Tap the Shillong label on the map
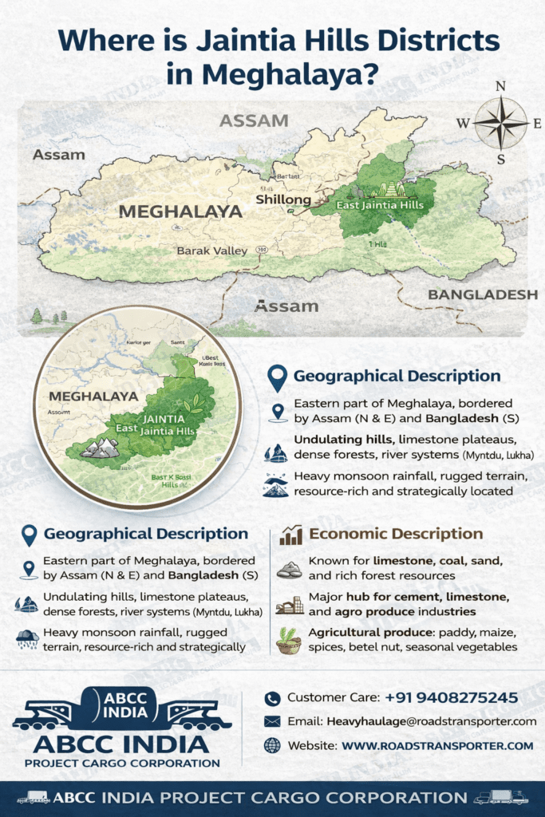point(282,199)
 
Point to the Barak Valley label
point(212,251)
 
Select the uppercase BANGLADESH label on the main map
point(483,295)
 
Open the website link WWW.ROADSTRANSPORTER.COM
point(437,745)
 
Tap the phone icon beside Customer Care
point(273,698)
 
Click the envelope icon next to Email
point(273,721)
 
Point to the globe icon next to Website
point(273,745)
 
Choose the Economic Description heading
point(396,534)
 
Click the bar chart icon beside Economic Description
point(290,535)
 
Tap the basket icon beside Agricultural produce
point(289,639)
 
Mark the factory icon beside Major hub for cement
point(289,605)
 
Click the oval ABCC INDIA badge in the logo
point(125,703)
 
